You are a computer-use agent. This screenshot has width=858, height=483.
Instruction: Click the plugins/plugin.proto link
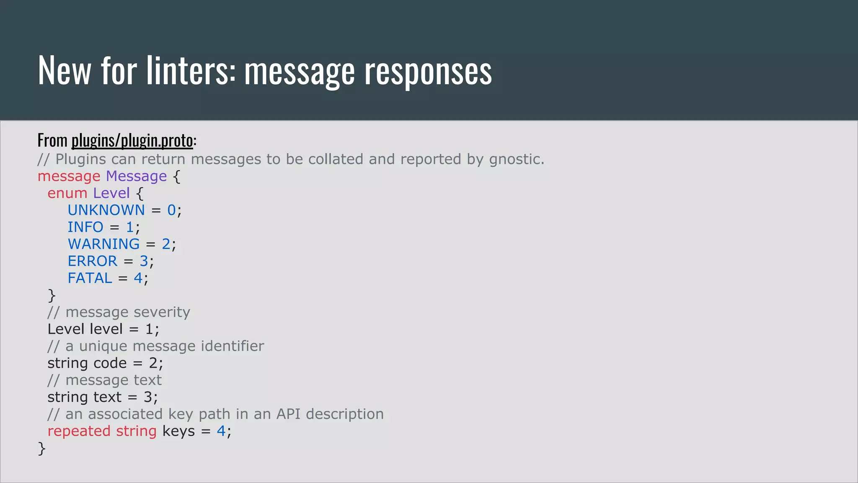click(132, 140)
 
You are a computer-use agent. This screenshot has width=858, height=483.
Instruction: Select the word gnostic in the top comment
click(516, 160)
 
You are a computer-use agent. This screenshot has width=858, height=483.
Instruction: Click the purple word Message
click(136, 176)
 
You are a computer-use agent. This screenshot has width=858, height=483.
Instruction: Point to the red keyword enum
click(67, 193)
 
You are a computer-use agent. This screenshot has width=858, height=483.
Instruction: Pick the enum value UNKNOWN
click(106, 210)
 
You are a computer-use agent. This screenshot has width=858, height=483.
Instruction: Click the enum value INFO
click(85, 227)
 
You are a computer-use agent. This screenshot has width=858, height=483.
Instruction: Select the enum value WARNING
click(103, 244)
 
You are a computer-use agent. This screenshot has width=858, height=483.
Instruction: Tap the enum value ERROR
click(93, 261)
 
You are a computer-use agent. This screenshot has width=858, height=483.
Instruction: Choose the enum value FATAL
click(90, 278)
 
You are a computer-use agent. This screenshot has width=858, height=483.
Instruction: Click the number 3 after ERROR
click(144, 261)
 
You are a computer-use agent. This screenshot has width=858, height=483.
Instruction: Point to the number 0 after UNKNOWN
click(171, 210)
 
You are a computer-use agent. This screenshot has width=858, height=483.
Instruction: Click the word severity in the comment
click(162, 312)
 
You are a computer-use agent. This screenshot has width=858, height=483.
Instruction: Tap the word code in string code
click(110, 363)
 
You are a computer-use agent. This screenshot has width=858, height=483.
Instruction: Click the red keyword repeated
click(79, 431)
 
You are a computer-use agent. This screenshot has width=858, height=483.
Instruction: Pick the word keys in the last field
click(178, 431)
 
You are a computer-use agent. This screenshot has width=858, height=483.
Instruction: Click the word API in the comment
click(288, 414)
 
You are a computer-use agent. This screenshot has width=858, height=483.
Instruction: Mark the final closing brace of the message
click(41, 449)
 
